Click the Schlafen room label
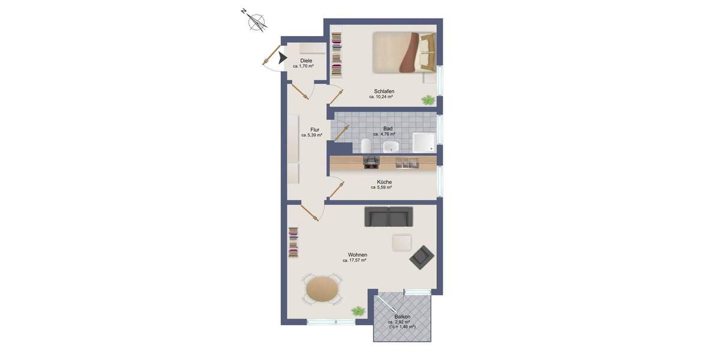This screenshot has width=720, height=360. [x=383, y=91]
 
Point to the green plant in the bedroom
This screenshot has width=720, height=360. [x=428, y=100]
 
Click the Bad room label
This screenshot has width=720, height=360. [x=388, y=128]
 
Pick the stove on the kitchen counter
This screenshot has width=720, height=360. [x=372, y=160]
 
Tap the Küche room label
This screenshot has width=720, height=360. [x=384, y=182]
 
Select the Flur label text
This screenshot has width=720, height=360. [x=314, y=130]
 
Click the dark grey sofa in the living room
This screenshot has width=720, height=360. [x=388, y=217]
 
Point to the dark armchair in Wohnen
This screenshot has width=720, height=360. [x=422, y=257]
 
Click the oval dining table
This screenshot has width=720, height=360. [x=322, y=289]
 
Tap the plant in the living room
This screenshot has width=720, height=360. [x=358, y=311]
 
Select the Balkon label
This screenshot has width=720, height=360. [x=402, y=316]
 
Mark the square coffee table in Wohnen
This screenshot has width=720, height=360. [x=401, y=242]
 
